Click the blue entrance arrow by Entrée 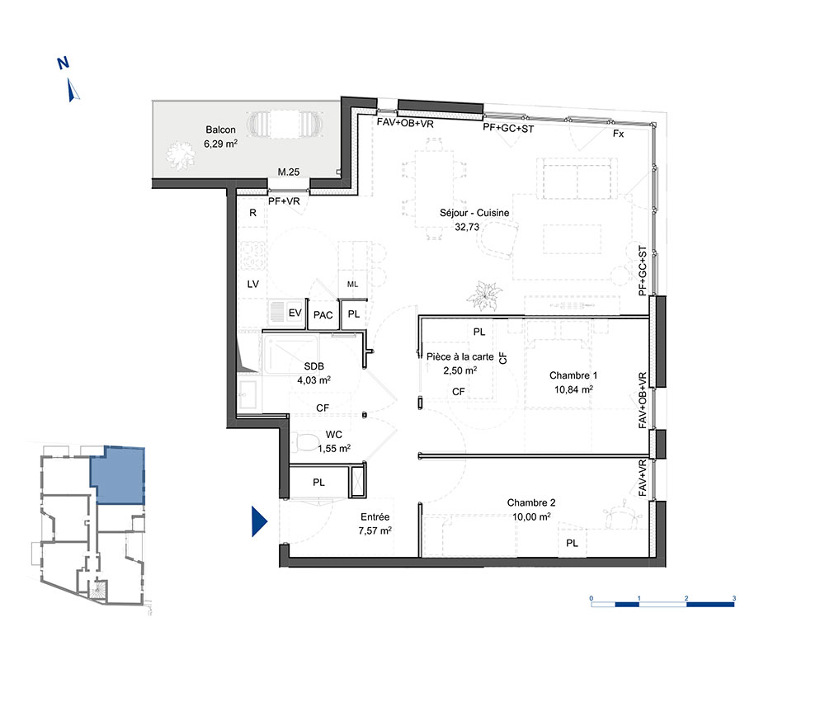click(259, 521)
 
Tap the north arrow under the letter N click(73, 90)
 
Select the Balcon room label click(220, 130)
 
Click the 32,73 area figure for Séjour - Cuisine click(467, 227)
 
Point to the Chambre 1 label click(573, 375)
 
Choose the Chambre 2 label click(530, 503)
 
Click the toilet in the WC click(303, 442)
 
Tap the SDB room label click(313, 366)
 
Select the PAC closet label click(323, 315)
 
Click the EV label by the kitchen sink click(295, 313)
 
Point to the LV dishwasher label click(253, 284)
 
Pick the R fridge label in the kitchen click(252, 213)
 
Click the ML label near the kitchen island click(352, 284)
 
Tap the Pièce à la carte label click(460, 356)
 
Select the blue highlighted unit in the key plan click(119, 475)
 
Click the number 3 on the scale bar click(734, 598)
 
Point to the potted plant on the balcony click(180, 153)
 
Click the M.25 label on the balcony click(288, 172)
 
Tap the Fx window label click(618, 134)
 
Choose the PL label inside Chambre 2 click(572, 544)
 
